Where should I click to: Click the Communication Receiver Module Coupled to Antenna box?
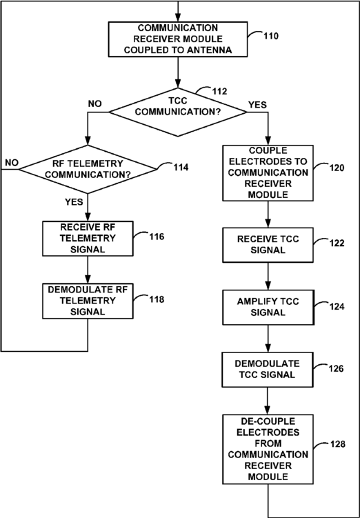(178, 39)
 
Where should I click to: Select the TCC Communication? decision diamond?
(178, 112)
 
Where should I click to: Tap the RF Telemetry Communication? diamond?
(88, 169)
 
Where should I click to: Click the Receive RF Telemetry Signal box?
(88, 239)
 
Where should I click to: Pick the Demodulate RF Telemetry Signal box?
(88, 301)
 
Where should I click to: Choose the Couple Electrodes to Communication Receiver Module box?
(268, 172)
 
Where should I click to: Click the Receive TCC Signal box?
(268, 245)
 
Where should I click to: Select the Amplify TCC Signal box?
(268, 307)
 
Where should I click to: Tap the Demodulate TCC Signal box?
(268, 369)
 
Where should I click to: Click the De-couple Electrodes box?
(268, 449)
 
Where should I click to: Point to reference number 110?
(270, 36)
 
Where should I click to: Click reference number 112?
(219, 91)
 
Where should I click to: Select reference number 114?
(181, 167)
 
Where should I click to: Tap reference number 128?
(337, 444)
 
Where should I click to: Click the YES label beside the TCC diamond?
(257, 105)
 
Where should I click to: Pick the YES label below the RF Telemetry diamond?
(74, 202)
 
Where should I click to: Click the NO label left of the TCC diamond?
(94, 103)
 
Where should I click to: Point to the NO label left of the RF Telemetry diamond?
(12, 163)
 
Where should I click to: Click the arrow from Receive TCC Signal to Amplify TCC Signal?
(268, 276)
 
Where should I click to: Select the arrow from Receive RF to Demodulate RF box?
(88, 270)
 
